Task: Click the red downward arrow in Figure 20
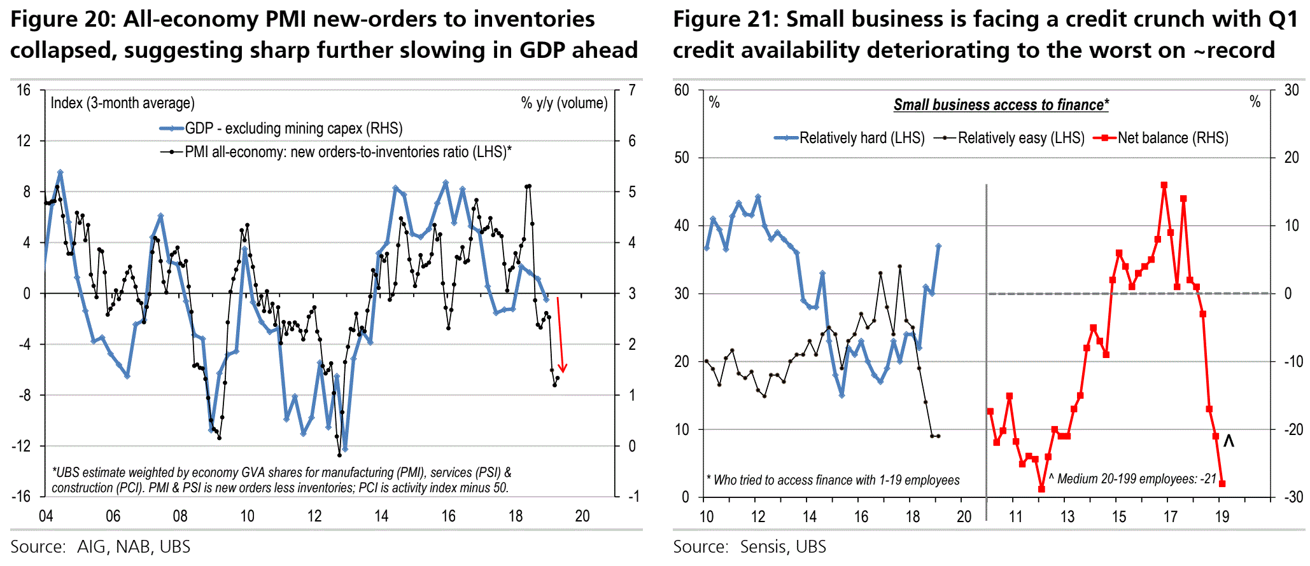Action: (x=560, y=334)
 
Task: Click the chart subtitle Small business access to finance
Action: (x=1001, y=105)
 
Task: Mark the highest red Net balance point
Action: (x=1164, y=185)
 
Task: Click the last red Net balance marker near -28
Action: (x=1222, y=484)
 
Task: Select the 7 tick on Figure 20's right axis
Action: (x=631, y=90)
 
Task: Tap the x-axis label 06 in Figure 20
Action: (x=113, y=516)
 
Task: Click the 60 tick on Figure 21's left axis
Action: (x=682, y=90)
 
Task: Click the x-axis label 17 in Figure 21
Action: (x=1171, y=516)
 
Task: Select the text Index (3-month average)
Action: (x=122, y=103)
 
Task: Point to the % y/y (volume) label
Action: (x=564, y=103)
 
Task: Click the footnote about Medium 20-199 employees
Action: (x=1133, y=479)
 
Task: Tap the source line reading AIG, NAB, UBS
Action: (x=100, y=547)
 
